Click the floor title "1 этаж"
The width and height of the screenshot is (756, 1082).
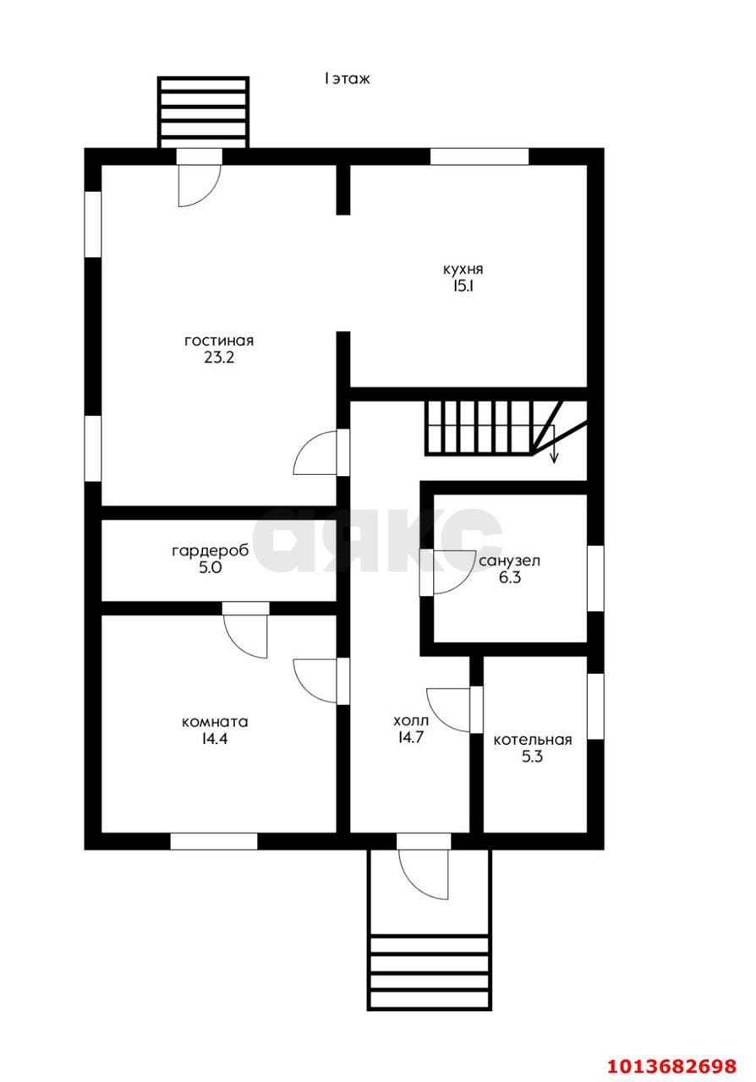pyautogui.click(x=347, y=79)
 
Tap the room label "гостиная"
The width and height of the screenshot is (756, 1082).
pyautogui.click(x=219, y=341)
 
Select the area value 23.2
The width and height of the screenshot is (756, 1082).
pyautogui.click(x=219, y=358)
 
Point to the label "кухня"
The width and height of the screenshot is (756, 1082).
pyautogui.click(x=463, y=270)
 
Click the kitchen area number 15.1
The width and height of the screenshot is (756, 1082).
pyautogui.click(x=463, y=287)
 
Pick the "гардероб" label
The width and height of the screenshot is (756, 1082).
pyautogui.click(x=211, y=550)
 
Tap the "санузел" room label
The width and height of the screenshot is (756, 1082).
pyautogui.click(x=509, y=560)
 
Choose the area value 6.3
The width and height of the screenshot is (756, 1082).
pyautogui.click(x=509, y=577)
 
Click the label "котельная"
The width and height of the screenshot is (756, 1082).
pyautogui.click(x=532, y=740)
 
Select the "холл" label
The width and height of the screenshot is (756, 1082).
pyautogui.click(x=411, y=722)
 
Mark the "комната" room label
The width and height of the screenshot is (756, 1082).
pyautogui.click(x=215, y=722)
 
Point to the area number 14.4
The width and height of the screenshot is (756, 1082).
pyautogui.click(x=215, y=739)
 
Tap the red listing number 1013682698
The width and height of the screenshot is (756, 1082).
pyautogui.click(x=672, y=1066)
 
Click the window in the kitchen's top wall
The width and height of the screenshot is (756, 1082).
pyautogui.click(x=479, y=156)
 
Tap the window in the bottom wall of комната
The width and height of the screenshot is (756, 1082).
pyautogui.click(x=214, y=841)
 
